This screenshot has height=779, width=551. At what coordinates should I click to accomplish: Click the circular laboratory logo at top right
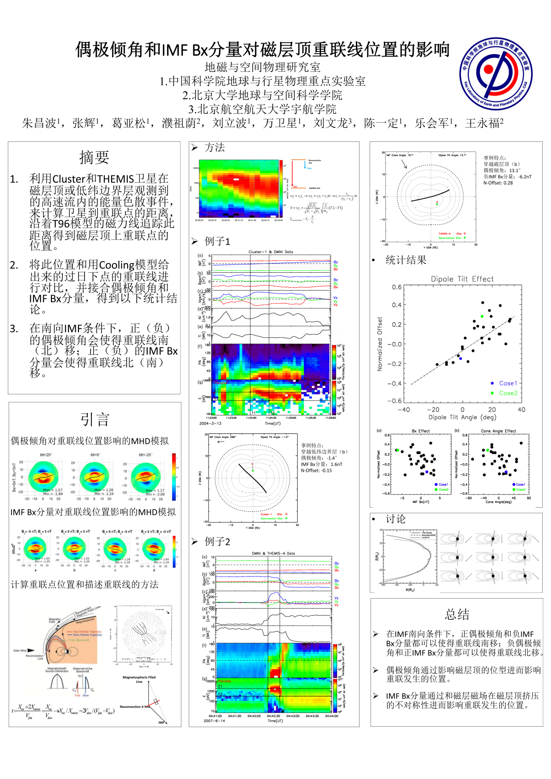pyautogui.click(x=496, y=74)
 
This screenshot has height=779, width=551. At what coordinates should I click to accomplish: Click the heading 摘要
pyautogui.click(x=94, y=157)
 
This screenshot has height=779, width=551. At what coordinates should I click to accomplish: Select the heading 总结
pyautogui.click(x=457, y=614)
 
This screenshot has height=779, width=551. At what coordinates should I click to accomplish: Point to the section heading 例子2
pyautogui.click(x=217, y=542)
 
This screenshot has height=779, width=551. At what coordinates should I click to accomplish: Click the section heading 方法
pyautogui.click(x=214, y=147)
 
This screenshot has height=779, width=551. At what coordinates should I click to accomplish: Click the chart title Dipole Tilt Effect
pyautogui.click(x=462, y=279)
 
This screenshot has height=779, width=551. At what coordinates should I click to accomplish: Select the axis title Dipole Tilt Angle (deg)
pyautogui.click(x=462, y=417)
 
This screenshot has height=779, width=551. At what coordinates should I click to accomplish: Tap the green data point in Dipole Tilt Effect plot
pyautogui.click(x=482, y=316)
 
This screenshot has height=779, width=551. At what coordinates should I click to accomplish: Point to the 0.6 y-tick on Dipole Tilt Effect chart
pyautogui.click(x=397, y=287)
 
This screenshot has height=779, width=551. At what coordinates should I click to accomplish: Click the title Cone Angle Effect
pyautogui.click(x=498, y=431)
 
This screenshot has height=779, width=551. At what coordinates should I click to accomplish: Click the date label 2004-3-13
pyautogui.click(x=210, y=423)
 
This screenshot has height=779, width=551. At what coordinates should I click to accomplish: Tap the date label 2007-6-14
pyautogui.click(x=214, y=721)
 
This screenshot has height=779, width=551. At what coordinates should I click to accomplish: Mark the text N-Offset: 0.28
pyautogui.click(x=498, y=183)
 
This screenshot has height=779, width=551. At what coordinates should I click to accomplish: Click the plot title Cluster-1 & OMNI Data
pyautogui.click(x=270, y=252)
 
